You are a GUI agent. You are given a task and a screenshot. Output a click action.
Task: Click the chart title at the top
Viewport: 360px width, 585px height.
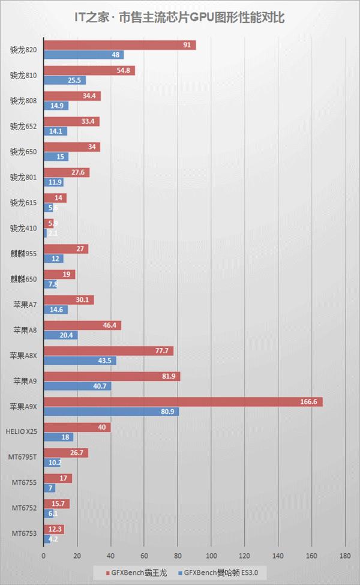(x=179, y=19)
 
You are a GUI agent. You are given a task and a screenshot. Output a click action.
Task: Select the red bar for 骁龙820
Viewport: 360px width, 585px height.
(x=120, y=45)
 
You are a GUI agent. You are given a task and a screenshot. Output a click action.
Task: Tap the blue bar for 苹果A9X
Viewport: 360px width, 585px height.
(x=112, y=412)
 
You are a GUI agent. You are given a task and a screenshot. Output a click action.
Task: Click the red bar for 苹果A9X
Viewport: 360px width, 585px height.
(x=183, y=402)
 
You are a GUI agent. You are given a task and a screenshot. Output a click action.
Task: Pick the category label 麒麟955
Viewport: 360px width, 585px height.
(x=24, y=254)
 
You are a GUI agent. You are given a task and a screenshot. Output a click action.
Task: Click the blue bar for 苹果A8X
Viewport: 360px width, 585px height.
(x=80, y=361)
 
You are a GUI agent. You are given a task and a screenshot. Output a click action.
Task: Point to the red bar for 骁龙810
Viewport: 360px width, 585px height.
(x=89, y=70)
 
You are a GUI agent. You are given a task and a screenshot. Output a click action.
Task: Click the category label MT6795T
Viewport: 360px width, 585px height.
(x=22, y=457)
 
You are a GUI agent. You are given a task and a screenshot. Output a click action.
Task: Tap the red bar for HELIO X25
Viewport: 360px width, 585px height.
(x=77, y=427)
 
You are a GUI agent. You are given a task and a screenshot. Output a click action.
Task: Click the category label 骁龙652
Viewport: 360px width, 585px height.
(x=24, y=126)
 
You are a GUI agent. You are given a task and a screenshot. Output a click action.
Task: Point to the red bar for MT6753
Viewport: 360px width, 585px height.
(x=53, y=529)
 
